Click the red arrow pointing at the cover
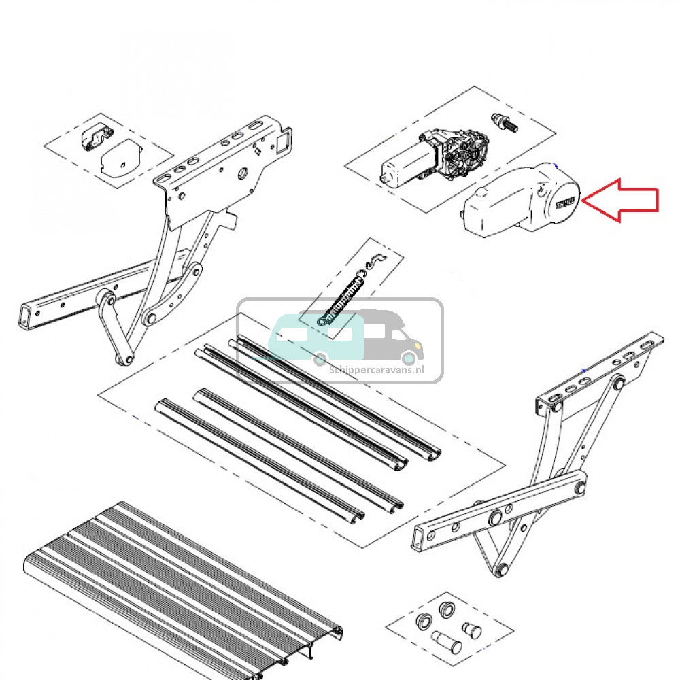click(x=622, y=199)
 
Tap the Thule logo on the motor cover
click(x=564, y=203)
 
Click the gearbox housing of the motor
click(x=466, y=153)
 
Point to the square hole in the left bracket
click(x=280, y=144)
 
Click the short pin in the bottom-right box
click(x=471, y=630)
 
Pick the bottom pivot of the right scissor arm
click(x=501, y=570)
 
